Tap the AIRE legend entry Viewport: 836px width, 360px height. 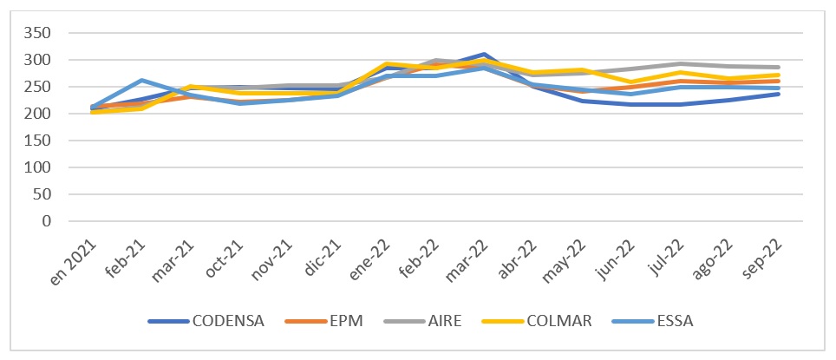tap(436, 322)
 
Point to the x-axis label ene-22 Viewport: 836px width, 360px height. tap(369, 253)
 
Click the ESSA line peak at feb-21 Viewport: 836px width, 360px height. tap(141, 81)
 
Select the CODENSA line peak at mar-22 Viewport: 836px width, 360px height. tap(484, 55)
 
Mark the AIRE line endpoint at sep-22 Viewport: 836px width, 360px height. tap(778, 67)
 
